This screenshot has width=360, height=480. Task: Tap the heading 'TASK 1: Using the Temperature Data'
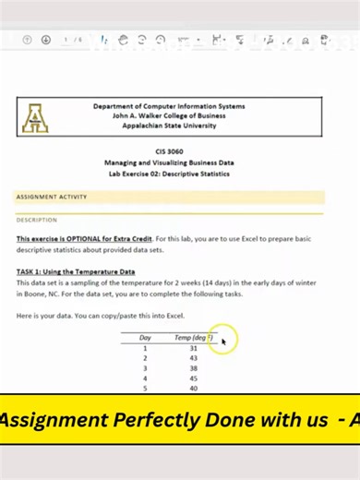76,271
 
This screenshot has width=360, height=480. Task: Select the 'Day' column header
145,338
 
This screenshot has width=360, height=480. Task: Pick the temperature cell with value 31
193,348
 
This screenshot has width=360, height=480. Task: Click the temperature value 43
193,358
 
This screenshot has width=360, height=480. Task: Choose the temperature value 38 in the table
193,368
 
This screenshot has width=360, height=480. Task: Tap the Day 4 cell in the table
145,378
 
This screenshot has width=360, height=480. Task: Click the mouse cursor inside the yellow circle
223,342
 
